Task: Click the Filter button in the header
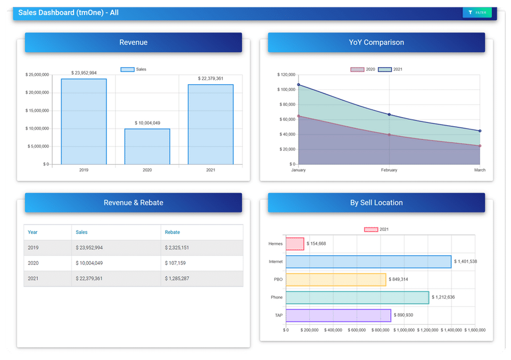pyautogui.click(x=477, y=12)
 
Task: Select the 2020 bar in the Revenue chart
pyautogui.click(x=147, y=146)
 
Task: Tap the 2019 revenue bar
pyautogui.click(x=84, y=121)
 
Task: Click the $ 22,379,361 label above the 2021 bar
pyautogui.click(x=211, y=79)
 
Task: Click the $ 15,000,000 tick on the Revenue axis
pyautogui.click(x=37, y=111)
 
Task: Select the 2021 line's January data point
pyautogui.click(x=299, y=85)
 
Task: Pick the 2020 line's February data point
pyautogui.click(x=389, y=135)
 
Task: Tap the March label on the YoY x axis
pyautogui.click(x=480, y=170)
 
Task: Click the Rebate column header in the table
pyautogui.click(x=172, y=232)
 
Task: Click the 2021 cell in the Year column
pyautogui.click(x=33, y=279)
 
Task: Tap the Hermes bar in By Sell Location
pyautogui.click(x=295, y=244)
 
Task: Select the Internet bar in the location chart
pyautogui.click(x=368, y=261)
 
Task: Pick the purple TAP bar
pyautogui.click(x=339, y=315)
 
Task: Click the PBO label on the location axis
pyautogui.click(x=278, y=280)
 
